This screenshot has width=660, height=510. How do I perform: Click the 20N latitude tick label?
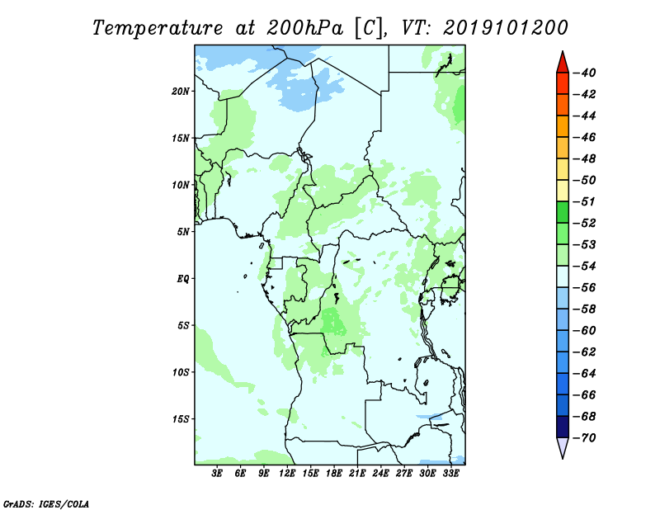181,92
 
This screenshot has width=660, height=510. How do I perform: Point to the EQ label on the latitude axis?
183,279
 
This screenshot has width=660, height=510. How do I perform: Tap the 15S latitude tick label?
181,419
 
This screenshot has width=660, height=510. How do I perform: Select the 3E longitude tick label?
217,473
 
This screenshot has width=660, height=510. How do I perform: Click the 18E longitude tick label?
334,473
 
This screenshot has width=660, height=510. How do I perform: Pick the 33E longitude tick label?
450,473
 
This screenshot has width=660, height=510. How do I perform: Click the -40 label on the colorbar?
585,73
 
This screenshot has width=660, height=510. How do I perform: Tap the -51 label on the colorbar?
585,201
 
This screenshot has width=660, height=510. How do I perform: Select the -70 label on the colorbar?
585,438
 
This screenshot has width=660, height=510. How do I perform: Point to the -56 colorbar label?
585,288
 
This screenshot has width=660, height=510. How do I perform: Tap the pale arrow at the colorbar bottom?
563,447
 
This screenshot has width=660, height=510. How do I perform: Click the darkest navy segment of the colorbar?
563,427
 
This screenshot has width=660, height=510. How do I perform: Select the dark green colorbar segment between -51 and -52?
563,212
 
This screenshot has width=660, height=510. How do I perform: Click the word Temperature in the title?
158,28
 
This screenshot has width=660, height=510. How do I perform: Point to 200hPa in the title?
304,28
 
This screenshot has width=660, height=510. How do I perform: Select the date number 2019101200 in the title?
506,28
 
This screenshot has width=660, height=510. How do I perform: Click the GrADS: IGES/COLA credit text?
46,504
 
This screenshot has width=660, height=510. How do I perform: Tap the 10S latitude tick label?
181,372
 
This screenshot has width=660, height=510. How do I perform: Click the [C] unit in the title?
369,28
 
